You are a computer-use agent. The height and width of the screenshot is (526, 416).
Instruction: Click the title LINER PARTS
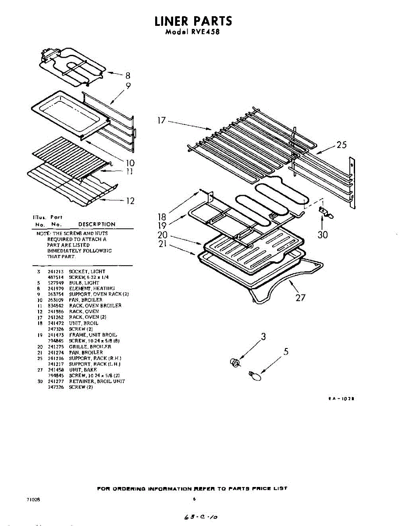(193, 21)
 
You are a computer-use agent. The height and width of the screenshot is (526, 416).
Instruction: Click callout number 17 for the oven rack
(162, 120)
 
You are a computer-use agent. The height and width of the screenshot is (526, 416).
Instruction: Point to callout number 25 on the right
(341, 145)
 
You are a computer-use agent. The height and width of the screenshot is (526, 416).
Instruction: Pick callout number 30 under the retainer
(323, 235)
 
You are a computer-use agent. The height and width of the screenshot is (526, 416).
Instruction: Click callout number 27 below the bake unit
(300, 298)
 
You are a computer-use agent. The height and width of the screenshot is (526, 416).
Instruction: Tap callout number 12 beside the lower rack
(130, 201)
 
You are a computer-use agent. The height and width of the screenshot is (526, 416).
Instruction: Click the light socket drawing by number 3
(235, 363)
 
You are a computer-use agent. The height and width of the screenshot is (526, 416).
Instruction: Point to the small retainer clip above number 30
(325, 213)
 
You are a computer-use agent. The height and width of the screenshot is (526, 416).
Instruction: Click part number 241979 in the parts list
(56, 288)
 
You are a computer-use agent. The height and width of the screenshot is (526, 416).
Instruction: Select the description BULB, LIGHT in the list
(84, 283)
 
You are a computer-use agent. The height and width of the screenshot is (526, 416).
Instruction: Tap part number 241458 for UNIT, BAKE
(56, 370)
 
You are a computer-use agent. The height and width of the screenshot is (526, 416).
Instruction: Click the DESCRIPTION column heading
(96, 224)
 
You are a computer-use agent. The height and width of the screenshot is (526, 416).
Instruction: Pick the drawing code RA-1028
(341, 399)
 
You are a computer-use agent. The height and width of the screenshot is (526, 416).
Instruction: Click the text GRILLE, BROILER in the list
(90, 347)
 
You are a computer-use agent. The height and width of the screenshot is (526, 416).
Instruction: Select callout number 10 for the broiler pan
(130, 163)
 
